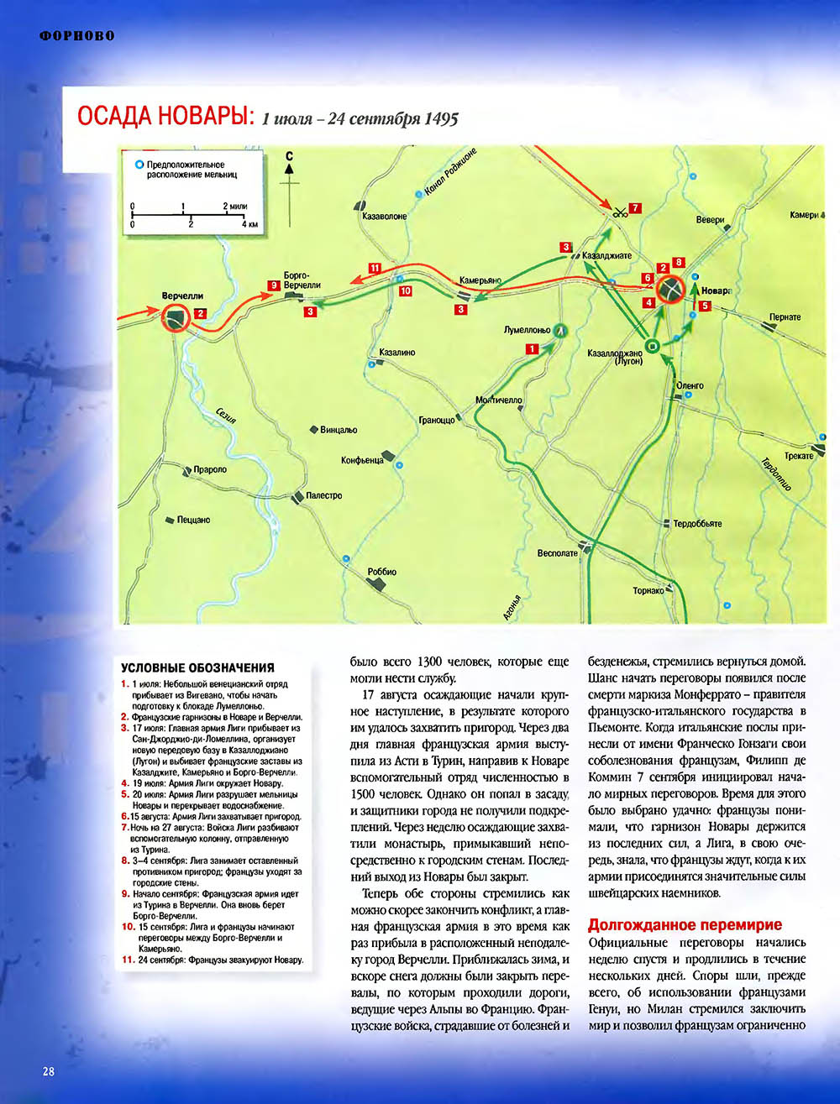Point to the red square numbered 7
click(635, 207)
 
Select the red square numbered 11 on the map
click(375, 268)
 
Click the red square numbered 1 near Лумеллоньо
click(531, 348)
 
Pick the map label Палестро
click(323, 495)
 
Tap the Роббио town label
click(382, 572)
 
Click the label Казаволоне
click(385, 216)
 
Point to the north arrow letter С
click(289, 155)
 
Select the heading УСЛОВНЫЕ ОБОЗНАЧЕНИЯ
click(197, 667)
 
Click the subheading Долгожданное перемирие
click(685, 925)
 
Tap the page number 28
click(49, 1071)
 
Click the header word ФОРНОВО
click(77, 36)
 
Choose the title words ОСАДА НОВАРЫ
click(165, 117)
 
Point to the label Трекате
click(799, 456)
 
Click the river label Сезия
click(225, 416)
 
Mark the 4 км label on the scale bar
click(249, 225)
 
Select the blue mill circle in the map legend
click(139, 165)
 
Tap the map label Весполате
click(558, 553)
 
